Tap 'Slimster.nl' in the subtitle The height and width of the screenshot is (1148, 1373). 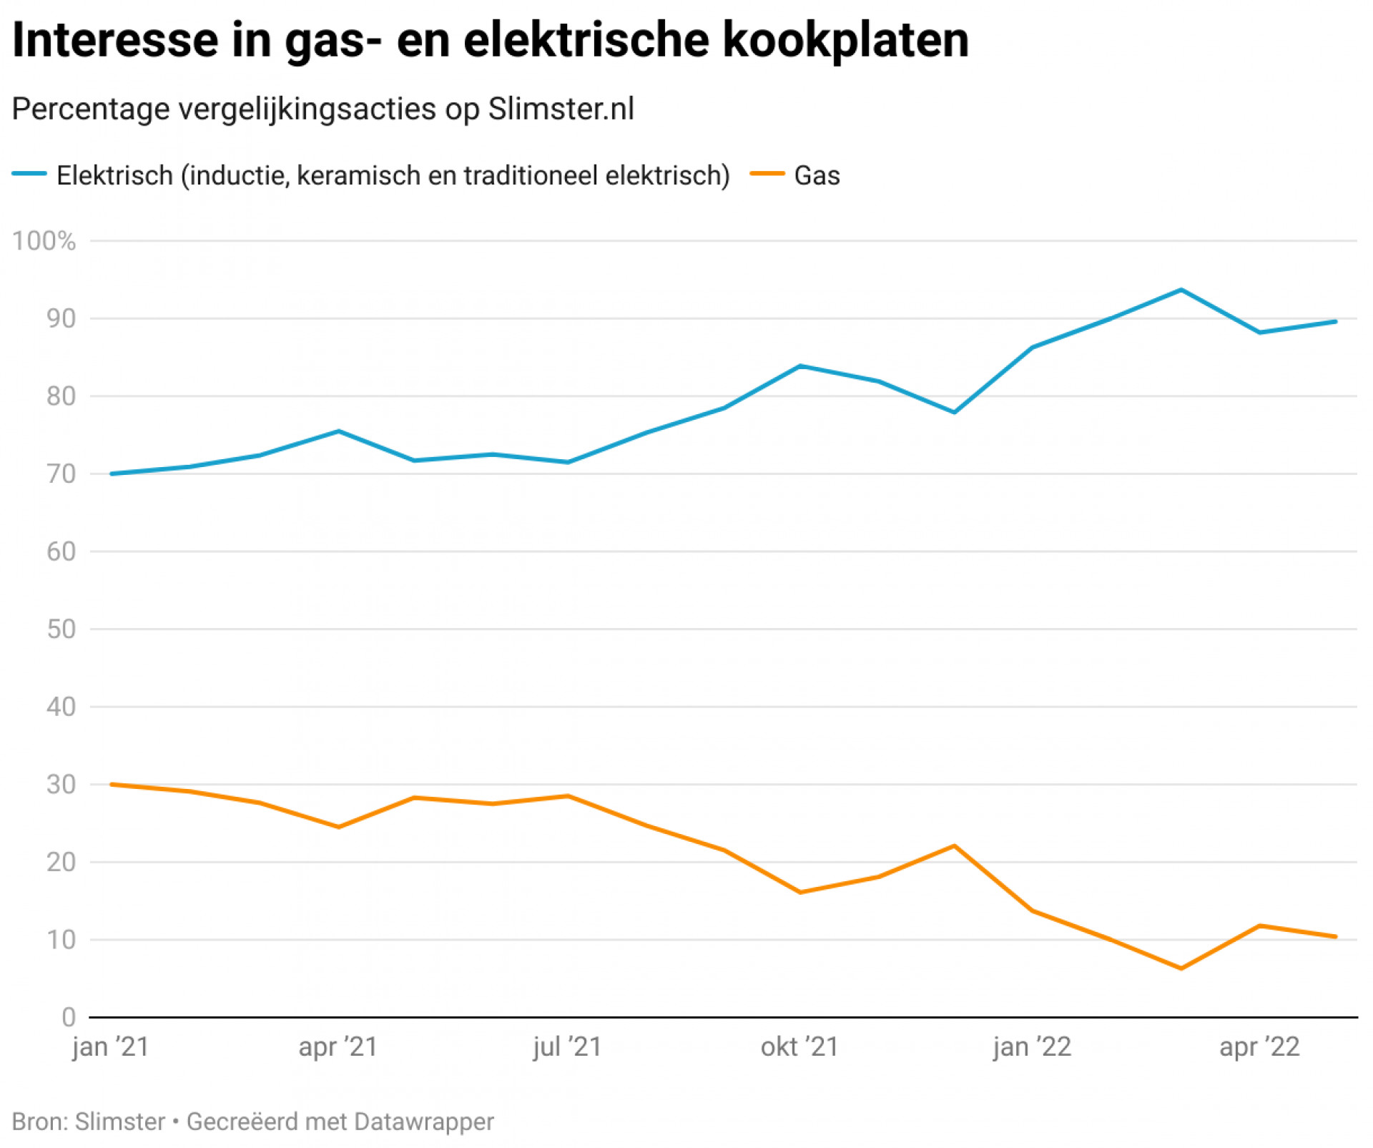[561, 109]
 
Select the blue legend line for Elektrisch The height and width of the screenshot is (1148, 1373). [29, 174]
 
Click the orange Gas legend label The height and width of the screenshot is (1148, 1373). [817, 175]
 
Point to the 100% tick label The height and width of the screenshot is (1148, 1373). [44, 241]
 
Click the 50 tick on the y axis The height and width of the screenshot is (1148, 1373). [61, 629]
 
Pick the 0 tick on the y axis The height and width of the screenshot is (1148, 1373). [69, 1017]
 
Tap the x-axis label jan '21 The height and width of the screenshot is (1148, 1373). [111, 1047]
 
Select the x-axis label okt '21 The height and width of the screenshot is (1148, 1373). [799, 1047]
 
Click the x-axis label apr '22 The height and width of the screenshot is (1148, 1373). [1259, 1047]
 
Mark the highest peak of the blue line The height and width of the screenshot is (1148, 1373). [1181, 290]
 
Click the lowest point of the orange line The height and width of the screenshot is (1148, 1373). [1181, 968]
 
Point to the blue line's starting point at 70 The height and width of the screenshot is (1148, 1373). [112, 474]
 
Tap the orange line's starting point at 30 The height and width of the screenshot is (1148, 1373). [112, 785]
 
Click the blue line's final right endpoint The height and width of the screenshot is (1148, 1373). [1336, 321]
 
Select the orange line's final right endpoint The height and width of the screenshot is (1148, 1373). [1336, 937]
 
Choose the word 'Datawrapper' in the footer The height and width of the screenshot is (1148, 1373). [423, 1122]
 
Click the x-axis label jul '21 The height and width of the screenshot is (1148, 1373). [567, 1047]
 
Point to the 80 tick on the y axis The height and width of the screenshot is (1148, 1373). [61, 396]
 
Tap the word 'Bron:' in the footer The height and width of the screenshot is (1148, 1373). [40, 1122]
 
